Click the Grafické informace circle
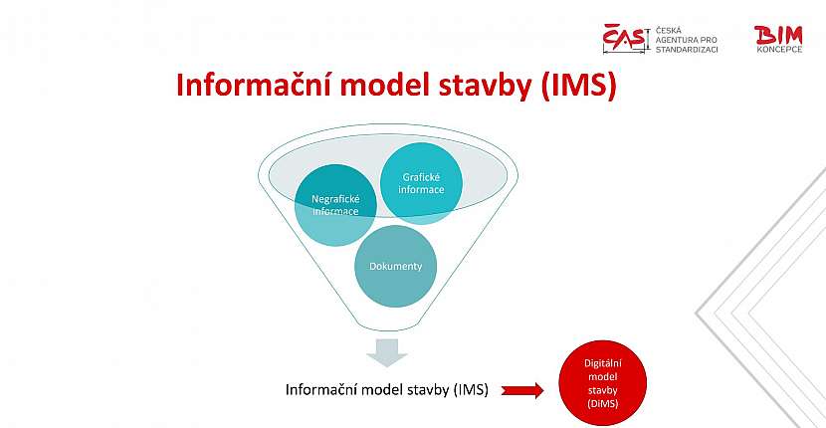[422, 183]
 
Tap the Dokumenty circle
[395, 267]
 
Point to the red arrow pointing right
[523, 390]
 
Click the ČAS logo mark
[626, 39]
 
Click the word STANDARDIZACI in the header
[688, 49]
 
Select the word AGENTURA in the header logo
[678, 40]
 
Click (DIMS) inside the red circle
[602, 403]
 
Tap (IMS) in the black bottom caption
[471, 390]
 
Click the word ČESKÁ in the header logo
[668, 31]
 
